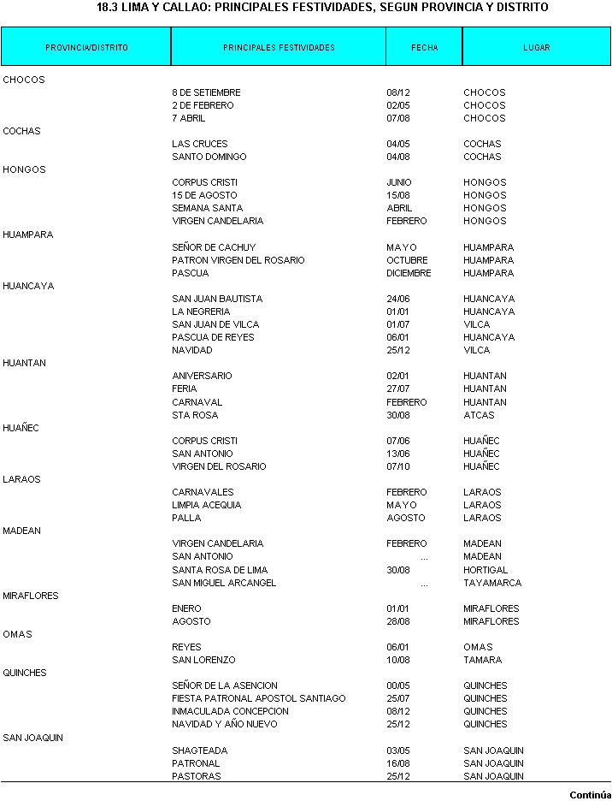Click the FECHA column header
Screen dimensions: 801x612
pyautogui.click(x=424, y=48)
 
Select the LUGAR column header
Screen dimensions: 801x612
pyautogui.click(x=537, y=48)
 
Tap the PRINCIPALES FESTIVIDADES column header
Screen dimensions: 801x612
pyautogui.click(x=279, y=48)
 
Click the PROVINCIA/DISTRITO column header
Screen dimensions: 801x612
pyautogui.click(x=86, y=48)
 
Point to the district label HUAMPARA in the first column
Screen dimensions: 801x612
pyautogui.click(x=28, y=234)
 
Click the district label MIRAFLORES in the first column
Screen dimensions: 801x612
pyautogui.click(x=31, y=596)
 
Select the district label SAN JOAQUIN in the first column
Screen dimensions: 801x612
pyautogui.click(x=32, y=738)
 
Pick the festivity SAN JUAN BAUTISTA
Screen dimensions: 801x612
pyautogui.click(x=217, y=299)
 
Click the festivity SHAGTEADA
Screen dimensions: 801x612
pyautogui.click(x=197, y=751)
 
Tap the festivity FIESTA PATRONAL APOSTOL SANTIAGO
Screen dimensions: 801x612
pyautogui.click(x=259, y=698)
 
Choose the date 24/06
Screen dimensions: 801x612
pyautogui.click(x=397, y=299)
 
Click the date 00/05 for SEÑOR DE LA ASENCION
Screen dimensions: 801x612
pyautogui.click(x=397, y=685)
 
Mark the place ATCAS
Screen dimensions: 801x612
pyautogui.click(x=478, y=415)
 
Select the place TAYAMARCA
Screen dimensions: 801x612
pyautogui.click(x=492, y=583)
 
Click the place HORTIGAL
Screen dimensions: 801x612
pyautogui.click(x=485, y=570)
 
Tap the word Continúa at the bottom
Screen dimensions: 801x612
pyautogui.click(x=591, y=794)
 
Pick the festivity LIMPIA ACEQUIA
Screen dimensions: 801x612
pyautogui.click(x=206, y=505)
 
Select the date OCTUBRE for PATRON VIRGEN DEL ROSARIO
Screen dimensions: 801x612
pyautogui.click(x=407, y=260)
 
